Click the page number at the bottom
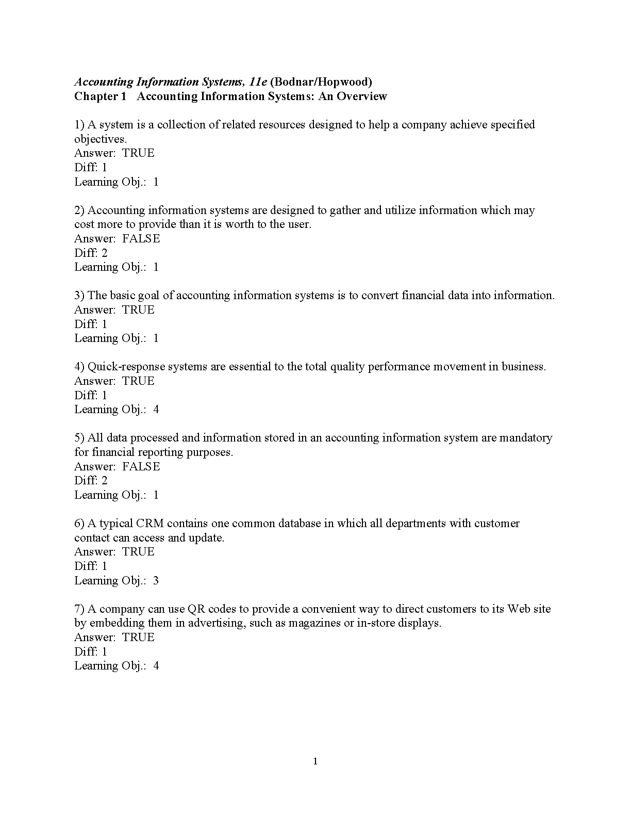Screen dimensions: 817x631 coord(315,762)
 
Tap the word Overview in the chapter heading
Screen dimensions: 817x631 coord(361,96)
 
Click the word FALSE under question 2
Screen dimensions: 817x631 coord(141,238)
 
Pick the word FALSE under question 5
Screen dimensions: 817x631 coord(141,466)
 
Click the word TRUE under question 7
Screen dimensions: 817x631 coord(138,637)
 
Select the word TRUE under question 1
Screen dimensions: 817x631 coord(138,153)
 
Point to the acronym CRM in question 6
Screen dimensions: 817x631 coord(150,523)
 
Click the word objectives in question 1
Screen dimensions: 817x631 coord(99,139)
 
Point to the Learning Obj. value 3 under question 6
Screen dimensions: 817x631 coord(156,580)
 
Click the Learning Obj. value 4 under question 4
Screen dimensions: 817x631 coord(156,410)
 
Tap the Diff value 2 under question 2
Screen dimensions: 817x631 coord(104,253)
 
